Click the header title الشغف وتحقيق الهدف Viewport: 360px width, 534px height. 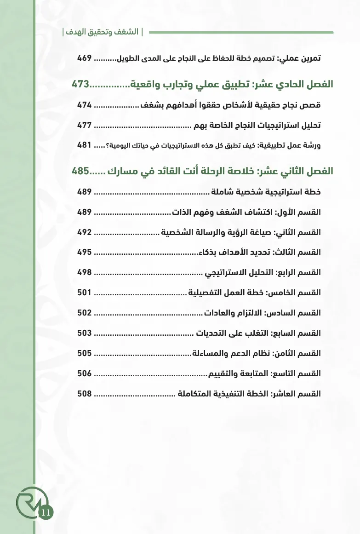103,32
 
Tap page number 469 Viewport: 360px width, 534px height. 85,58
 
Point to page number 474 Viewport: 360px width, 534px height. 85,105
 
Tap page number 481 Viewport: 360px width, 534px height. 85,145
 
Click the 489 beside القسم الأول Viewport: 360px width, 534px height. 85,212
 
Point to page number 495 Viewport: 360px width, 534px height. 85,252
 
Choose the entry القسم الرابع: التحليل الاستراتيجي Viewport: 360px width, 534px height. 263,272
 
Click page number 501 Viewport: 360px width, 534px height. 85,293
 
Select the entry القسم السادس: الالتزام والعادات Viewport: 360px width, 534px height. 262,313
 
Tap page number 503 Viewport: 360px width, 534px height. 85,333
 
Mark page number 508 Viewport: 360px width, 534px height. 85,394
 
